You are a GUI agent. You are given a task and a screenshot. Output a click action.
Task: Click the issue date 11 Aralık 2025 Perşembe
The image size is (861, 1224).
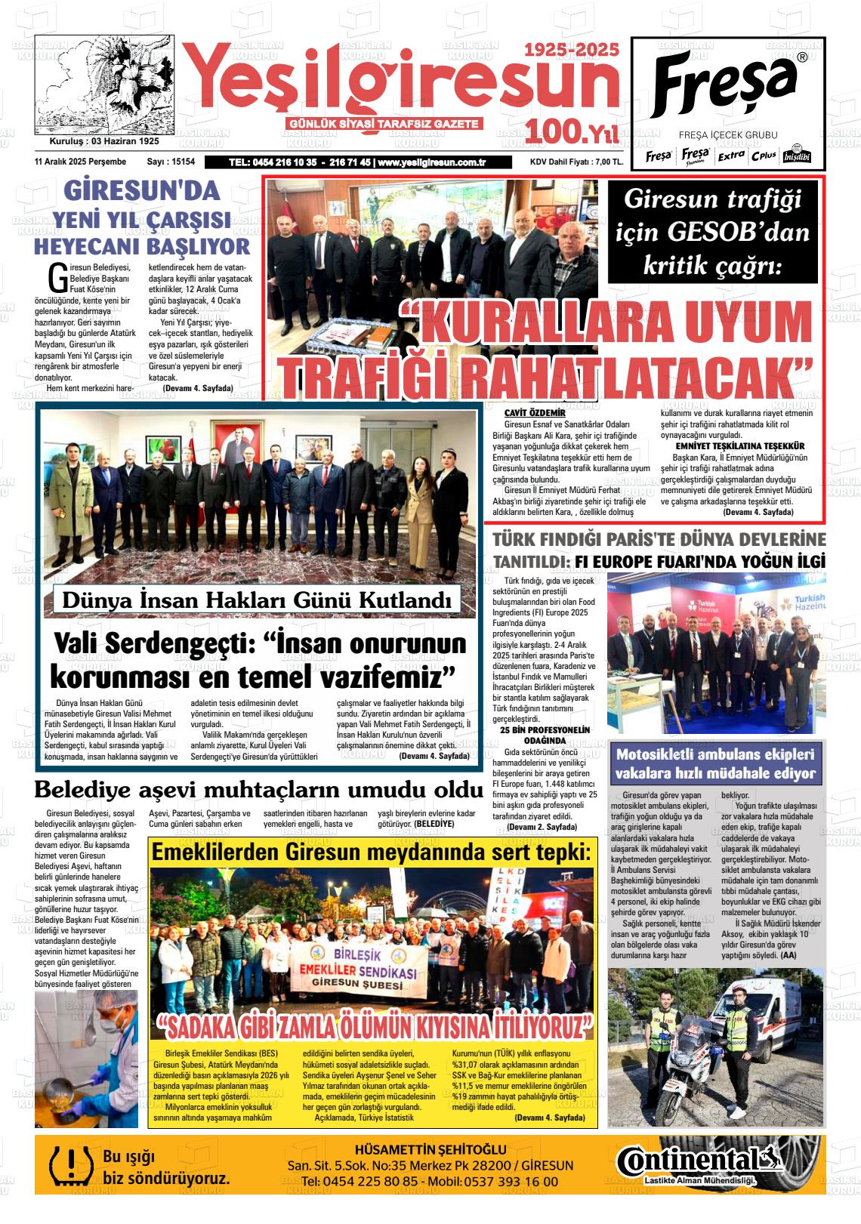coord(80,162)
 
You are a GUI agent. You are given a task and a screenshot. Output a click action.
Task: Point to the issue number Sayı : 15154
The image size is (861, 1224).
coord(171,162)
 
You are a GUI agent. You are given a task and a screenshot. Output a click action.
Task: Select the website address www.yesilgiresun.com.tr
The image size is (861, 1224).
coord(431,162)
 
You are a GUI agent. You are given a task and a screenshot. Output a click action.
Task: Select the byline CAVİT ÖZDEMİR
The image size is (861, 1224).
coord(535,413)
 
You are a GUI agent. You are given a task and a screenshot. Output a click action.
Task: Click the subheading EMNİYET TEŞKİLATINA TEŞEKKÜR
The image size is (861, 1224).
coord(739,446)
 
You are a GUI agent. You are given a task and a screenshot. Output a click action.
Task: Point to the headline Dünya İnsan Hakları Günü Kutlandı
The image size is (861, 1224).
coord(256,600)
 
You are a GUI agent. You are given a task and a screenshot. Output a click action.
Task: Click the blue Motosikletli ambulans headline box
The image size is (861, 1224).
coord(714,763)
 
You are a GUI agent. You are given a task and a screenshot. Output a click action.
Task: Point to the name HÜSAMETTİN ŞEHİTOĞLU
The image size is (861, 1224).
coord(430,1150)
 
